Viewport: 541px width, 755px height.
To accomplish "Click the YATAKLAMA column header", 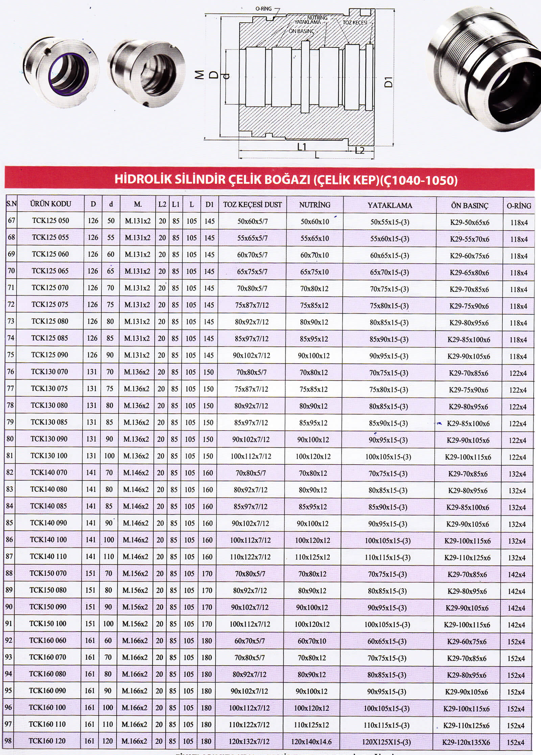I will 390,205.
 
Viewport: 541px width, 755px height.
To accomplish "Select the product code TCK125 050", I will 50,221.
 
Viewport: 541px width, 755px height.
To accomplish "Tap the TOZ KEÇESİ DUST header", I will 252,204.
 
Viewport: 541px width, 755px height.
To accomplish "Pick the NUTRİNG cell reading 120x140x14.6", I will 311,742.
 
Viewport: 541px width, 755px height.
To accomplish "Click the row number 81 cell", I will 10,456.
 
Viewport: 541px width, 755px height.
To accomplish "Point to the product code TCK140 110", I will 48,556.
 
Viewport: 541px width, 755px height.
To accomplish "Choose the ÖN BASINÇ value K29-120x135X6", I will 466,742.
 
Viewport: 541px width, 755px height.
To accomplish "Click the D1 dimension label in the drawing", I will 389,82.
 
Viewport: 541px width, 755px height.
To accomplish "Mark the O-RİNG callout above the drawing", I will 263,9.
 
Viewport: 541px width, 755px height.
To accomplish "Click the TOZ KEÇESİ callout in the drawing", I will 355,22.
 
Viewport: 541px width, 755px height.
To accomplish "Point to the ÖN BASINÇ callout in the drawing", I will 302,31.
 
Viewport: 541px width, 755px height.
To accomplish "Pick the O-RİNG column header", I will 519,205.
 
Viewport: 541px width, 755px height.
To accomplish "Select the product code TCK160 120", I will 47,741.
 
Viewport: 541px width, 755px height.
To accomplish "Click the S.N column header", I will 11,204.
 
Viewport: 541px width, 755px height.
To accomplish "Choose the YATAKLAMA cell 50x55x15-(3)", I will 390,222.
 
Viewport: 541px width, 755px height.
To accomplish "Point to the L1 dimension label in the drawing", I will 302,146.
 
